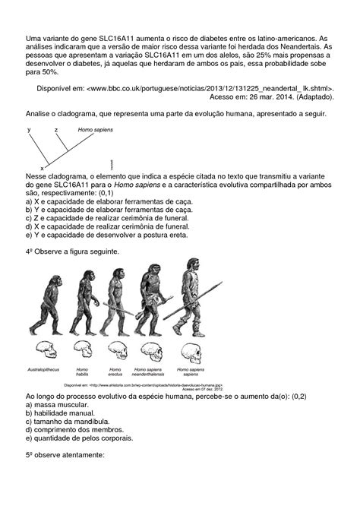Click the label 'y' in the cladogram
pyautogui.click(x=29, y=130)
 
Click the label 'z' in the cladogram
pyautogui.click(x=55, y=130)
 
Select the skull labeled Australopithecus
pyautogui.click(x=46, y=350)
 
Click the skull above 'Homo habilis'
pyautogui.click(x=82, y=350)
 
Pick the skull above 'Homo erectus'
pyautogui.click(x=117, y=350)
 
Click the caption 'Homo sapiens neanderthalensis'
pyautogui.click(x=153, y=374)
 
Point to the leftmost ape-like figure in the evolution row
pyautogui.click(x=48, y=304)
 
